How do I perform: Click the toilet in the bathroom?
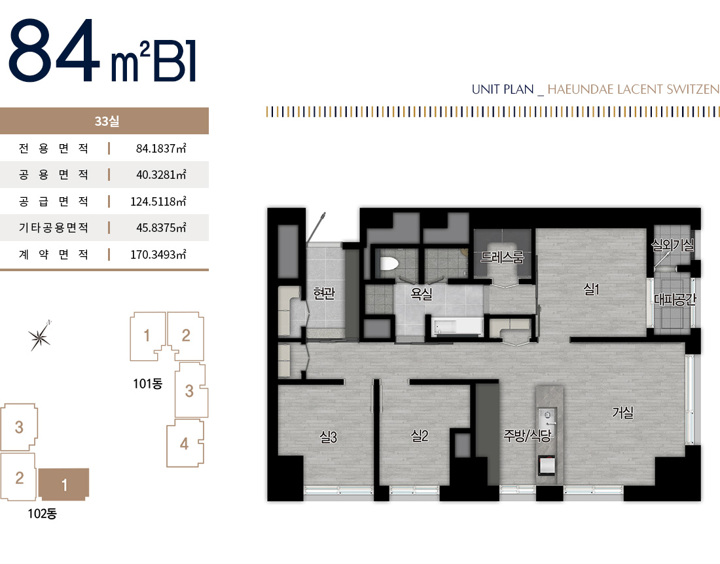coord(389,264)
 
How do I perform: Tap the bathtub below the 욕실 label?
coord(457,326)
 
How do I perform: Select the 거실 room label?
coord(622,413)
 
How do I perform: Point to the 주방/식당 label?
coord(527,435)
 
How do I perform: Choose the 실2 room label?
coord(420,435)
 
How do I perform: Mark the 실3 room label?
coord(328,438)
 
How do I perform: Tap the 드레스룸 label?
coord(502,257)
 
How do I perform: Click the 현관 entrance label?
coord(324,294)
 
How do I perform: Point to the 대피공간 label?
coord(675,300)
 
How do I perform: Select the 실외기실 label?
coord(672,244)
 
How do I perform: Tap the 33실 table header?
coord(105,121)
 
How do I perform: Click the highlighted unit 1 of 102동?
coord(64,485)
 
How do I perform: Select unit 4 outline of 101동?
coord(185,443)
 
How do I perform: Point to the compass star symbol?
coord(41,336)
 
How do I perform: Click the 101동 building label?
coord(147,383)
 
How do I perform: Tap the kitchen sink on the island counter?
coord(546,414)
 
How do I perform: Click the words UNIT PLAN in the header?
coord(503,89)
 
